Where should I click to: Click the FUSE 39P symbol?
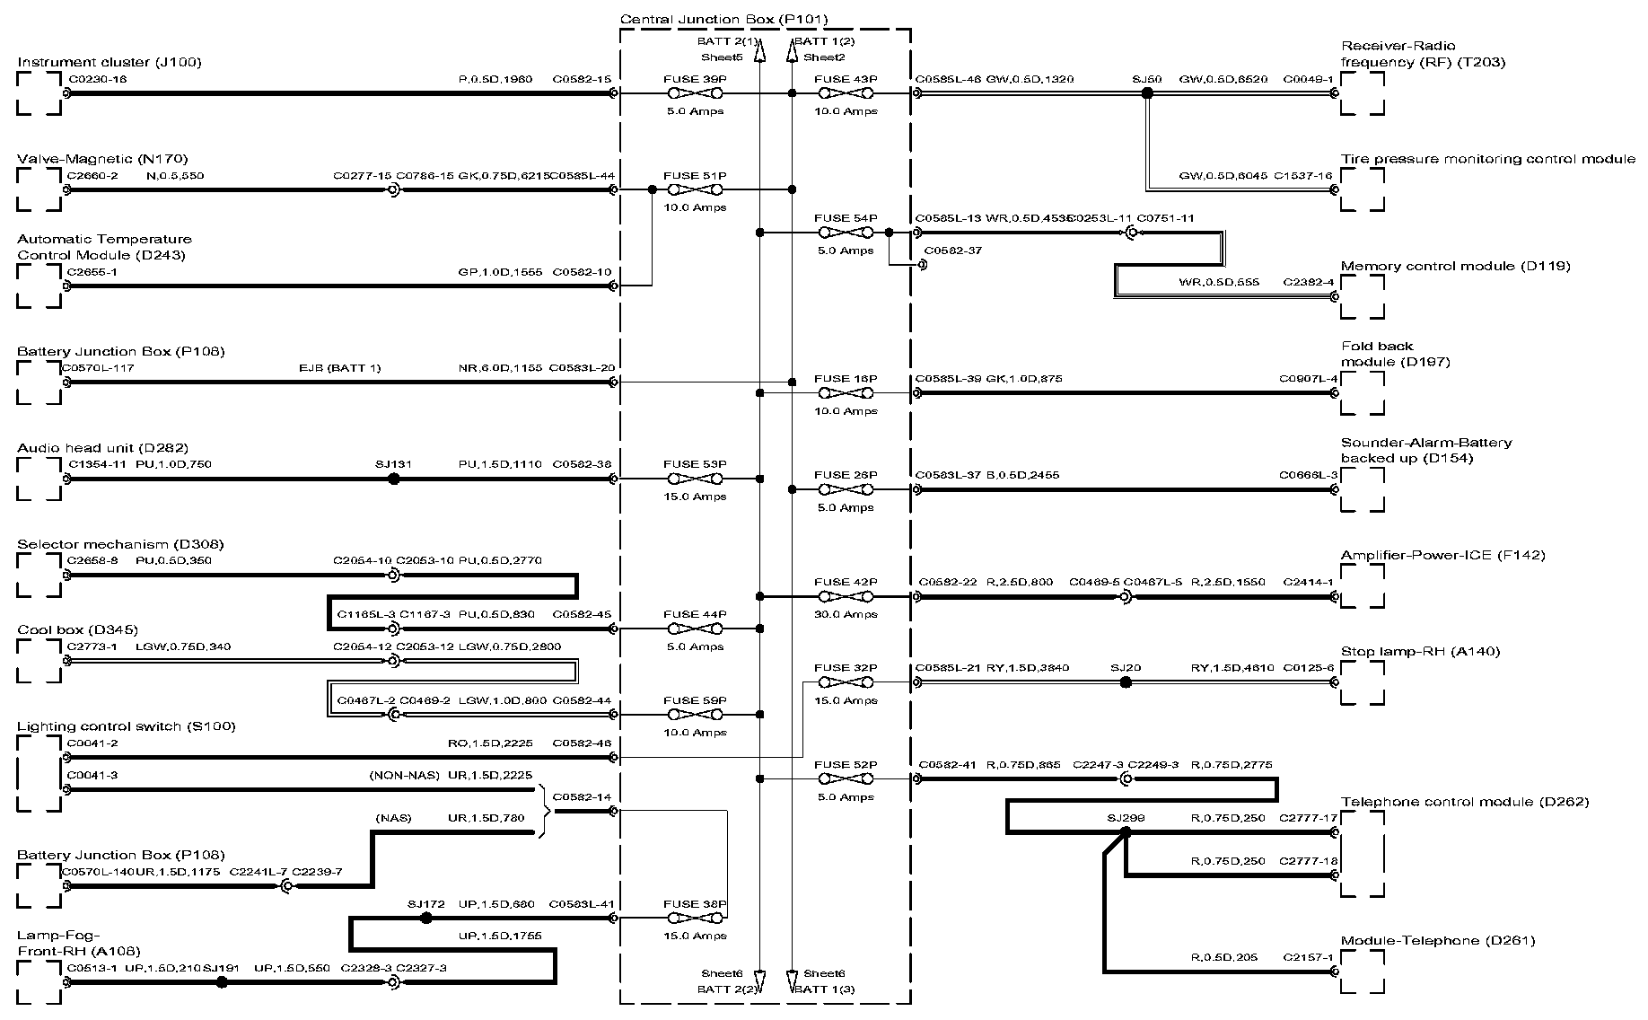click(695, 93)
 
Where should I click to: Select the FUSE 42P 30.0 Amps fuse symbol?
click(845, 596)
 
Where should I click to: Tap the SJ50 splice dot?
click(1146, 93)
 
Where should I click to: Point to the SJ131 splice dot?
click(393, 479)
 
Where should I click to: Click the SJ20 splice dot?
click(1126, 682)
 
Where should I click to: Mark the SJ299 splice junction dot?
click(1126, 832)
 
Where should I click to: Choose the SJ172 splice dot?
click(426, 918)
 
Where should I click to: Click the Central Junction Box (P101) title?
click(723, 19)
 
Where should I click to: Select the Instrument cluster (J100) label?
click(110, 62)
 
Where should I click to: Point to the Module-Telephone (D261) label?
click(1437, 940)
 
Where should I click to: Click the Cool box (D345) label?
click(77, 629)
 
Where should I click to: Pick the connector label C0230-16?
click(97, 79)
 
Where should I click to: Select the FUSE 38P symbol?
click(695, 918)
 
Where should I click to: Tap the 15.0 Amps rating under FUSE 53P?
click(695, 497)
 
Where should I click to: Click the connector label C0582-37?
click(952, 251)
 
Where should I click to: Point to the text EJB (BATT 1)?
click(339, 368)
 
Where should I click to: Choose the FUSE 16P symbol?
click(845, 392)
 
